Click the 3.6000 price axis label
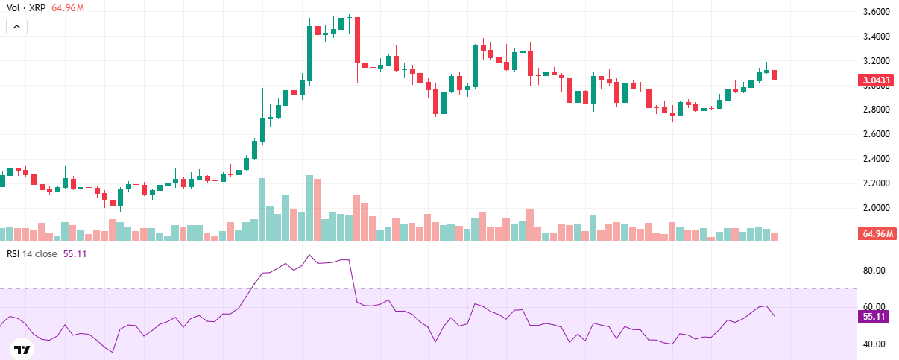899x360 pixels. click(877, 12)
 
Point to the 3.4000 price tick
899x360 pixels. click(877, 37)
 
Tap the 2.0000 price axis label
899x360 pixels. click(877, 208)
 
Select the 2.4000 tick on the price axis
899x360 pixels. click(877, 159)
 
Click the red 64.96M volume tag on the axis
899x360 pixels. click(878, 234)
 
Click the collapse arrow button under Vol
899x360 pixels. click(17, 26)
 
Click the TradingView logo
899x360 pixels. click(22, 350)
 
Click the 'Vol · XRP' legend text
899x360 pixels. click(25, 8)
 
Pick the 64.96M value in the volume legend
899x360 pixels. click(68, 8)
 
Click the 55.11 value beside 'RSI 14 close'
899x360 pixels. click(75, 253)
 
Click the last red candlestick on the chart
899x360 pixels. click(775, 75)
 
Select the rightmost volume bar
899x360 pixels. click(775, 236)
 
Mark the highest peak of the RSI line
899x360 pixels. click(309, 255)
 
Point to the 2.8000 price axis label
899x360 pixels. click(877, 110)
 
